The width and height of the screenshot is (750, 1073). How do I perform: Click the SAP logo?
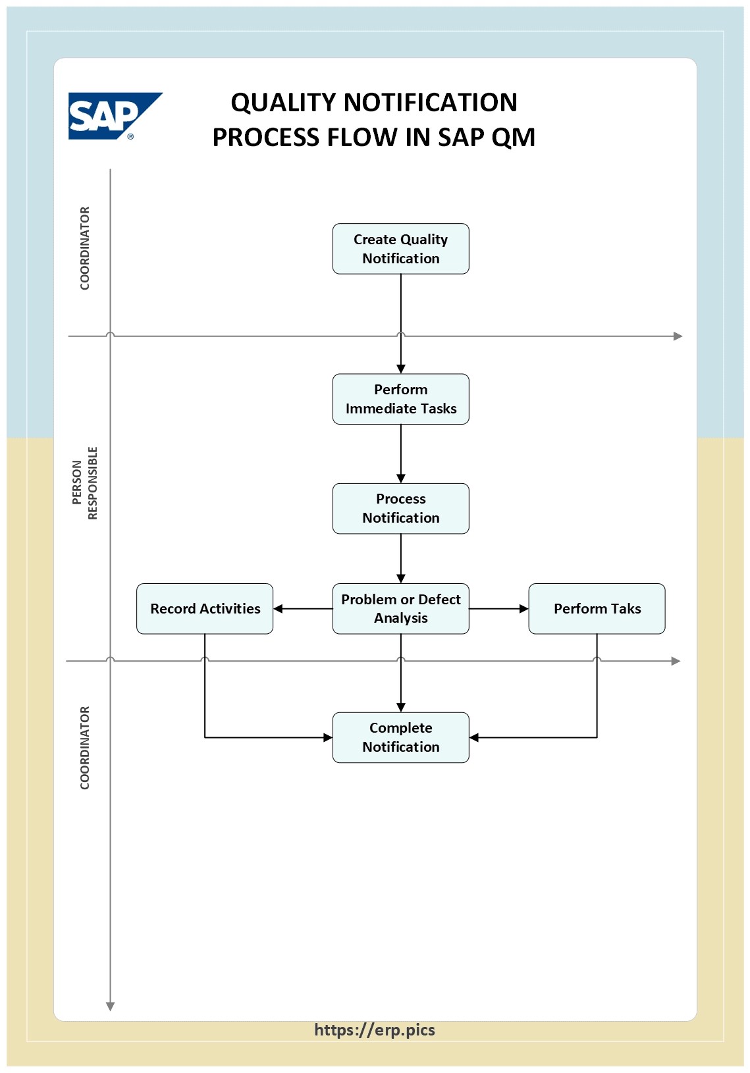coord(113,116)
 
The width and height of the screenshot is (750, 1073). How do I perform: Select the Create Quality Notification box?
coord(400,249)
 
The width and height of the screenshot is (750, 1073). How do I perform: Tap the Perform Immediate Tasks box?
coord(400,399)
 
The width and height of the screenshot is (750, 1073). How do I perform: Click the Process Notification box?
coord(400,508)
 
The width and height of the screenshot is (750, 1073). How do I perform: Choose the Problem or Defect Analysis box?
coord(400,609)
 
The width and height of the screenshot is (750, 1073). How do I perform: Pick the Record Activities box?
coord(205,609)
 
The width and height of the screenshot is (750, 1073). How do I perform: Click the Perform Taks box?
coord(597,609)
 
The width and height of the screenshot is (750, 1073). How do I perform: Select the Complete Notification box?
coord(400,737)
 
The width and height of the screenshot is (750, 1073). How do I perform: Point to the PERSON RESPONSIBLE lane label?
coord(85,483)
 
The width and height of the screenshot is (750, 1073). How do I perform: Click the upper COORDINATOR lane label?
coord(85,248)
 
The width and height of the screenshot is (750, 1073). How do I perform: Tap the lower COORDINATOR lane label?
coord(85,748)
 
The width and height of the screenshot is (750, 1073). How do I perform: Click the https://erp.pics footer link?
coord(374,1030)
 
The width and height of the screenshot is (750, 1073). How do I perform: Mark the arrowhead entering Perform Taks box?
coord(523,609)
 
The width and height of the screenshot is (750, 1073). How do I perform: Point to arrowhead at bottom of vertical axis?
coord(111,1006)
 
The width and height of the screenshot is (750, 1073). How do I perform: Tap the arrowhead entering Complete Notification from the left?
coord(327,737)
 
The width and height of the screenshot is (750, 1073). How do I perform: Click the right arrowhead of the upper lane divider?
coord(678,336)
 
